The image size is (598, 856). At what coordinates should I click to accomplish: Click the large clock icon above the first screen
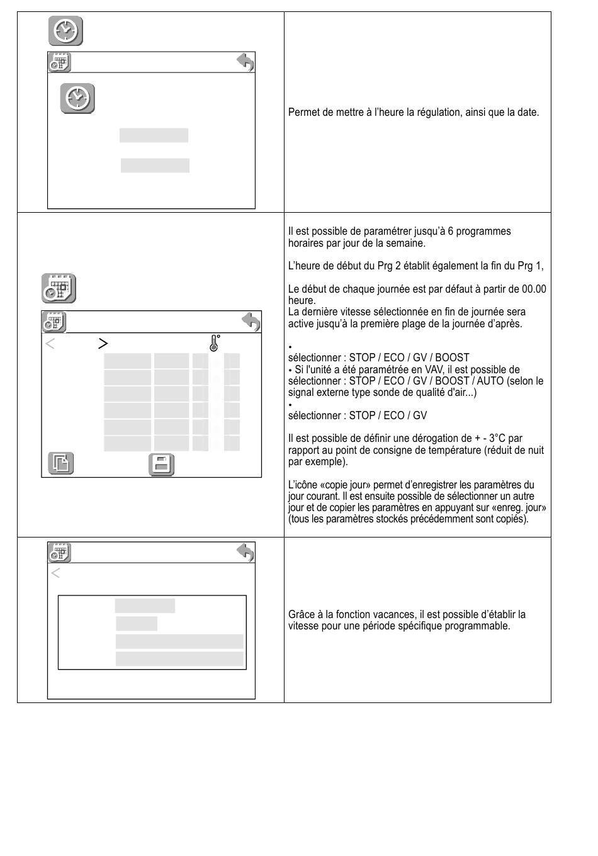pos(65,31)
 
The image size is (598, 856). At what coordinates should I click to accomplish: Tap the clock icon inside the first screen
pos(77,98)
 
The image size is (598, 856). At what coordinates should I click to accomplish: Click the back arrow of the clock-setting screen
pos(245,62)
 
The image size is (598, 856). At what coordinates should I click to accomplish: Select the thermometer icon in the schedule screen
pos(214,343)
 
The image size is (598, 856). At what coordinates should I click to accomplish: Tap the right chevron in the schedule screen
pos(103,343)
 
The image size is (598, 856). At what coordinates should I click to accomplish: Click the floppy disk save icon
pos(161,465)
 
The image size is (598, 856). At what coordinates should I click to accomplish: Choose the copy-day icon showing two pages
pos(61,463)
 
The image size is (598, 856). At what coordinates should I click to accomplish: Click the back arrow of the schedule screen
pos(251,322)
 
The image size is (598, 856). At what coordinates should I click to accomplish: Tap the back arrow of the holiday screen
pos(245,552)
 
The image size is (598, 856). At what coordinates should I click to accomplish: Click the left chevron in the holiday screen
pos(55,573)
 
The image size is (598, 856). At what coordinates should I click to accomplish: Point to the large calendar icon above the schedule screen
pos(59,288)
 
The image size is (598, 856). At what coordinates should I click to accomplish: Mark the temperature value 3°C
pos(510,438)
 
